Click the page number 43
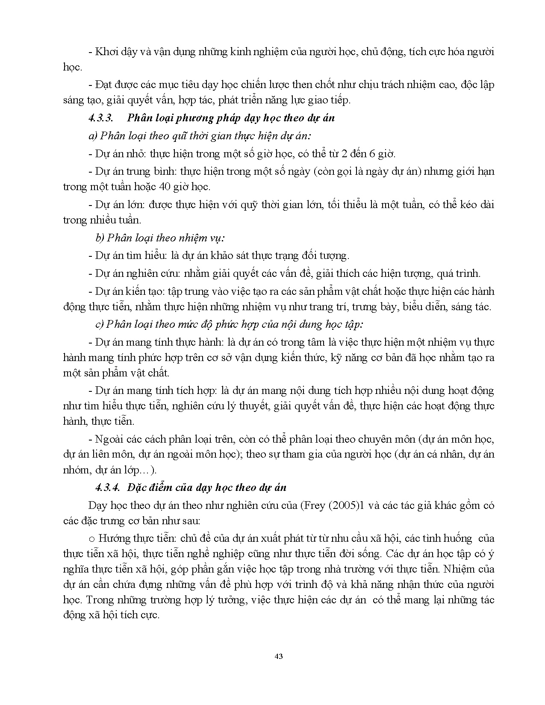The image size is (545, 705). coord(279,656)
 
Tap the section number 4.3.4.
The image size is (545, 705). coord(107,488)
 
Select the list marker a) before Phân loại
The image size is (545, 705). coord(93,136)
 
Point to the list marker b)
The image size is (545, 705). coord(100,238)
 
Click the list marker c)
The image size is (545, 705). coord(99,324)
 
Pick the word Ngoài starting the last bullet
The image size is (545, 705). coord(109,439)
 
